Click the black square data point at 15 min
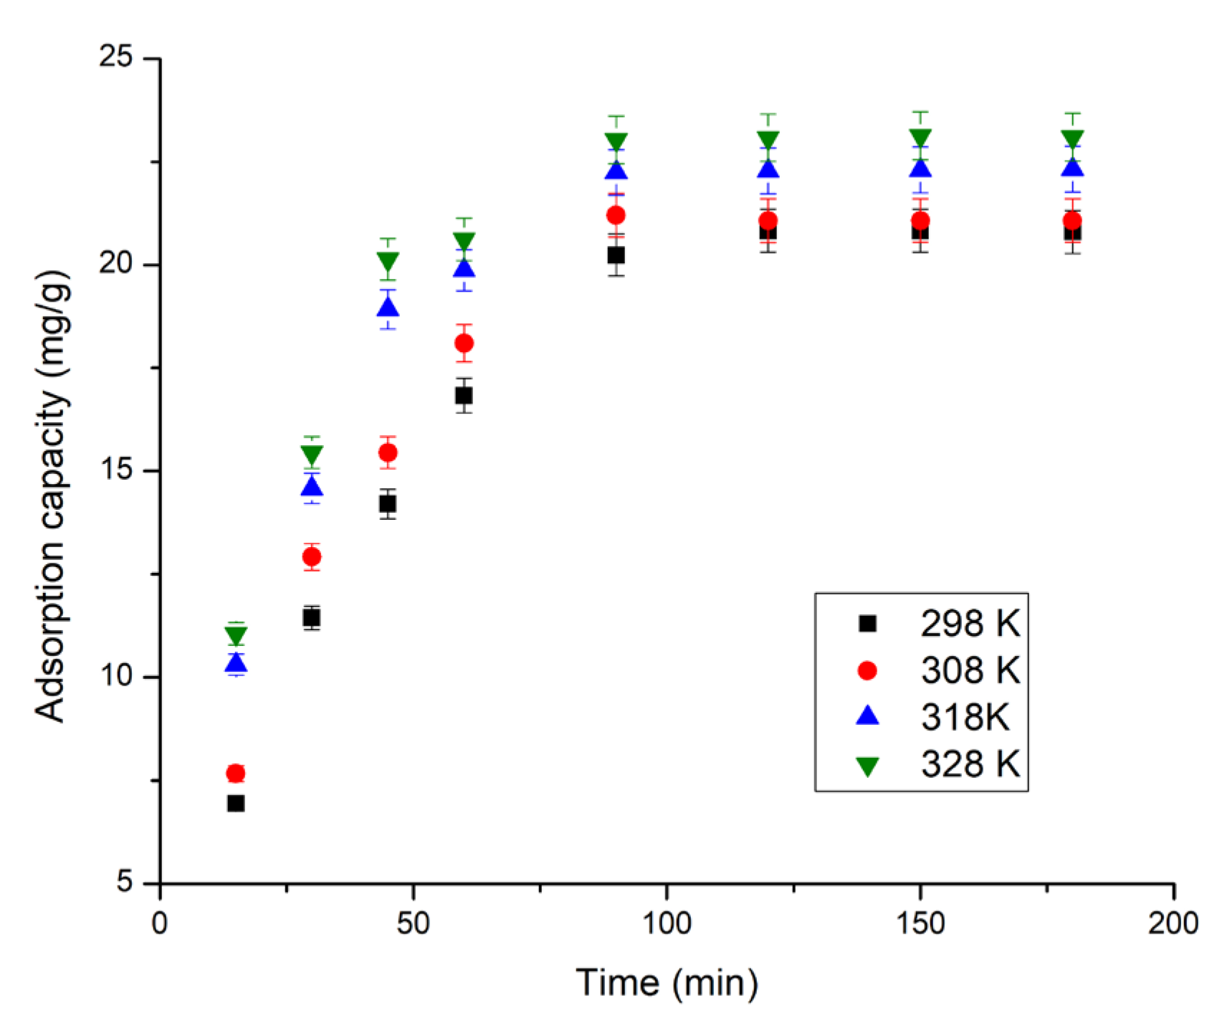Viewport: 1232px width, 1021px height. (236, 804)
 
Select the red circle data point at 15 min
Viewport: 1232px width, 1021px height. (236, 773)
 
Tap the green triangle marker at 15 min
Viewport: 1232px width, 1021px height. (236, 635)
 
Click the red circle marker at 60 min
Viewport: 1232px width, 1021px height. (464, 343)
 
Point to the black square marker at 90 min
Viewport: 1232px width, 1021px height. (616, 255)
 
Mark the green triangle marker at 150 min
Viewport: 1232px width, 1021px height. (920, 137)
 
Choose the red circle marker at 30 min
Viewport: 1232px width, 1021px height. (312, 556)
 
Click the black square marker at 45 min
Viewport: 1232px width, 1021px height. (388, 504)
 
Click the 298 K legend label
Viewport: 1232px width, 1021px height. (970, 624)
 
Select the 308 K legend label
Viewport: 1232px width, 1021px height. (970, 670)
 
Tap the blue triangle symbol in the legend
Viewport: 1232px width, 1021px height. (867, 716)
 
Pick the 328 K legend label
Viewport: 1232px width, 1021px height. (970, 764)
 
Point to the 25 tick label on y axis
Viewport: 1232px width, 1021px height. (116, 58)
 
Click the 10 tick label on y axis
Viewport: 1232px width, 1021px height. (116, 677)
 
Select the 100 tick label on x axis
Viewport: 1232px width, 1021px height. (666, 923)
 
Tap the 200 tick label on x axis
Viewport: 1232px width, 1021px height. (1173, 923)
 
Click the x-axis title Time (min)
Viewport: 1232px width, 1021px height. (667, 983)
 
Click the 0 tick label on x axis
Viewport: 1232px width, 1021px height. (160, 923)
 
